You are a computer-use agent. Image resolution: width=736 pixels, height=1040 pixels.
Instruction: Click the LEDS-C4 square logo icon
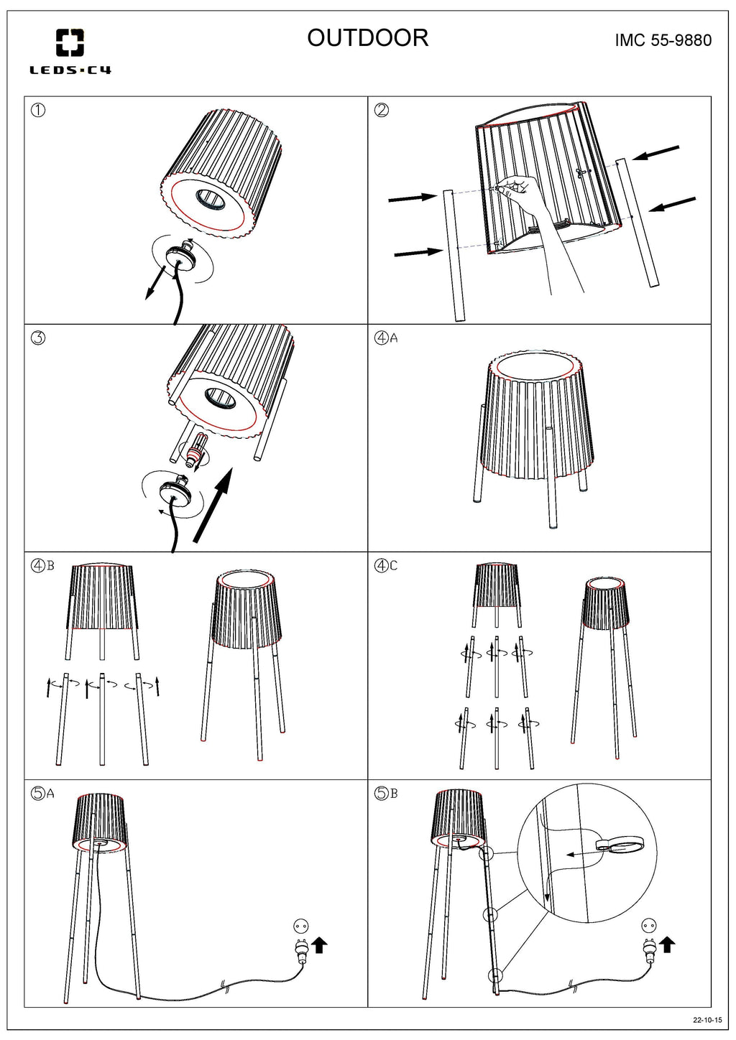click(x=70, y=42)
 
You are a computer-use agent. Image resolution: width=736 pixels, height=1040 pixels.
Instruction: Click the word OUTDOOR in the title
click(x=367, y=38)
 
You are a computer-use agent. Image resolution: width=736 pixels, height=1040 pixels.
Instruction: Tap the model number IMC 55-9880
click(x=663, y=40)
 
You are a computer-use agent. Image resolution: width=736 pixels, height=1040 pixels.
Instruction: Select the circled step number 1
click(x=39, y=110)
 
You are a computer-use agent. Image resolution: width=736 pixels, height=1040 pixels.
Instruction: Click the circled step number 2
click(x=382, y=110)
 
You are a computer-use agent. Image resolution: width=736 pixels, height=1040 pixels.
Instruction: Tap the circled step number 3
click(x=39, y=338)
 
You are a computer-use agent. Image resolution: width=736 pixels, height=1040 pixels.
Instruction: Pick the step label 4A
click(x=386, y=338)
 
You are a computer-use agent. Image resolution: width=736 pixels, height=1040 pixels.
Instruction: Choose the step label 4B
click(x=42, y=565)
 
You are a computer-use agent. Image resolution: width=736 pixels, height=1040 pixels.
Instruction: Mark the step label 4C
click(x=386, y=565)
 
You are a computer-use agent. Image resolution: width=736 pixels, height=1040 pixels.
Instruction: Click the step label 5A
click(x=42, y=794)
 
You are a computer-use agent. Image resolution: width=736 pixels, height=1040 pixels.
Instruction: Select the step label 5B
click(x=386, y=794)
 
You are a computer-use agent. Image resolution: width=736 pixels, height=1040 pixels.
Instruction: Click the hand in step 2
click(x=520, y=190)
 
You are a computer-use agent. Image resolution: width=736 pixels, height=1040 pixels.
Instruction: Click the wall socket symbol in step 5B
click(x=648, y=926)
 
